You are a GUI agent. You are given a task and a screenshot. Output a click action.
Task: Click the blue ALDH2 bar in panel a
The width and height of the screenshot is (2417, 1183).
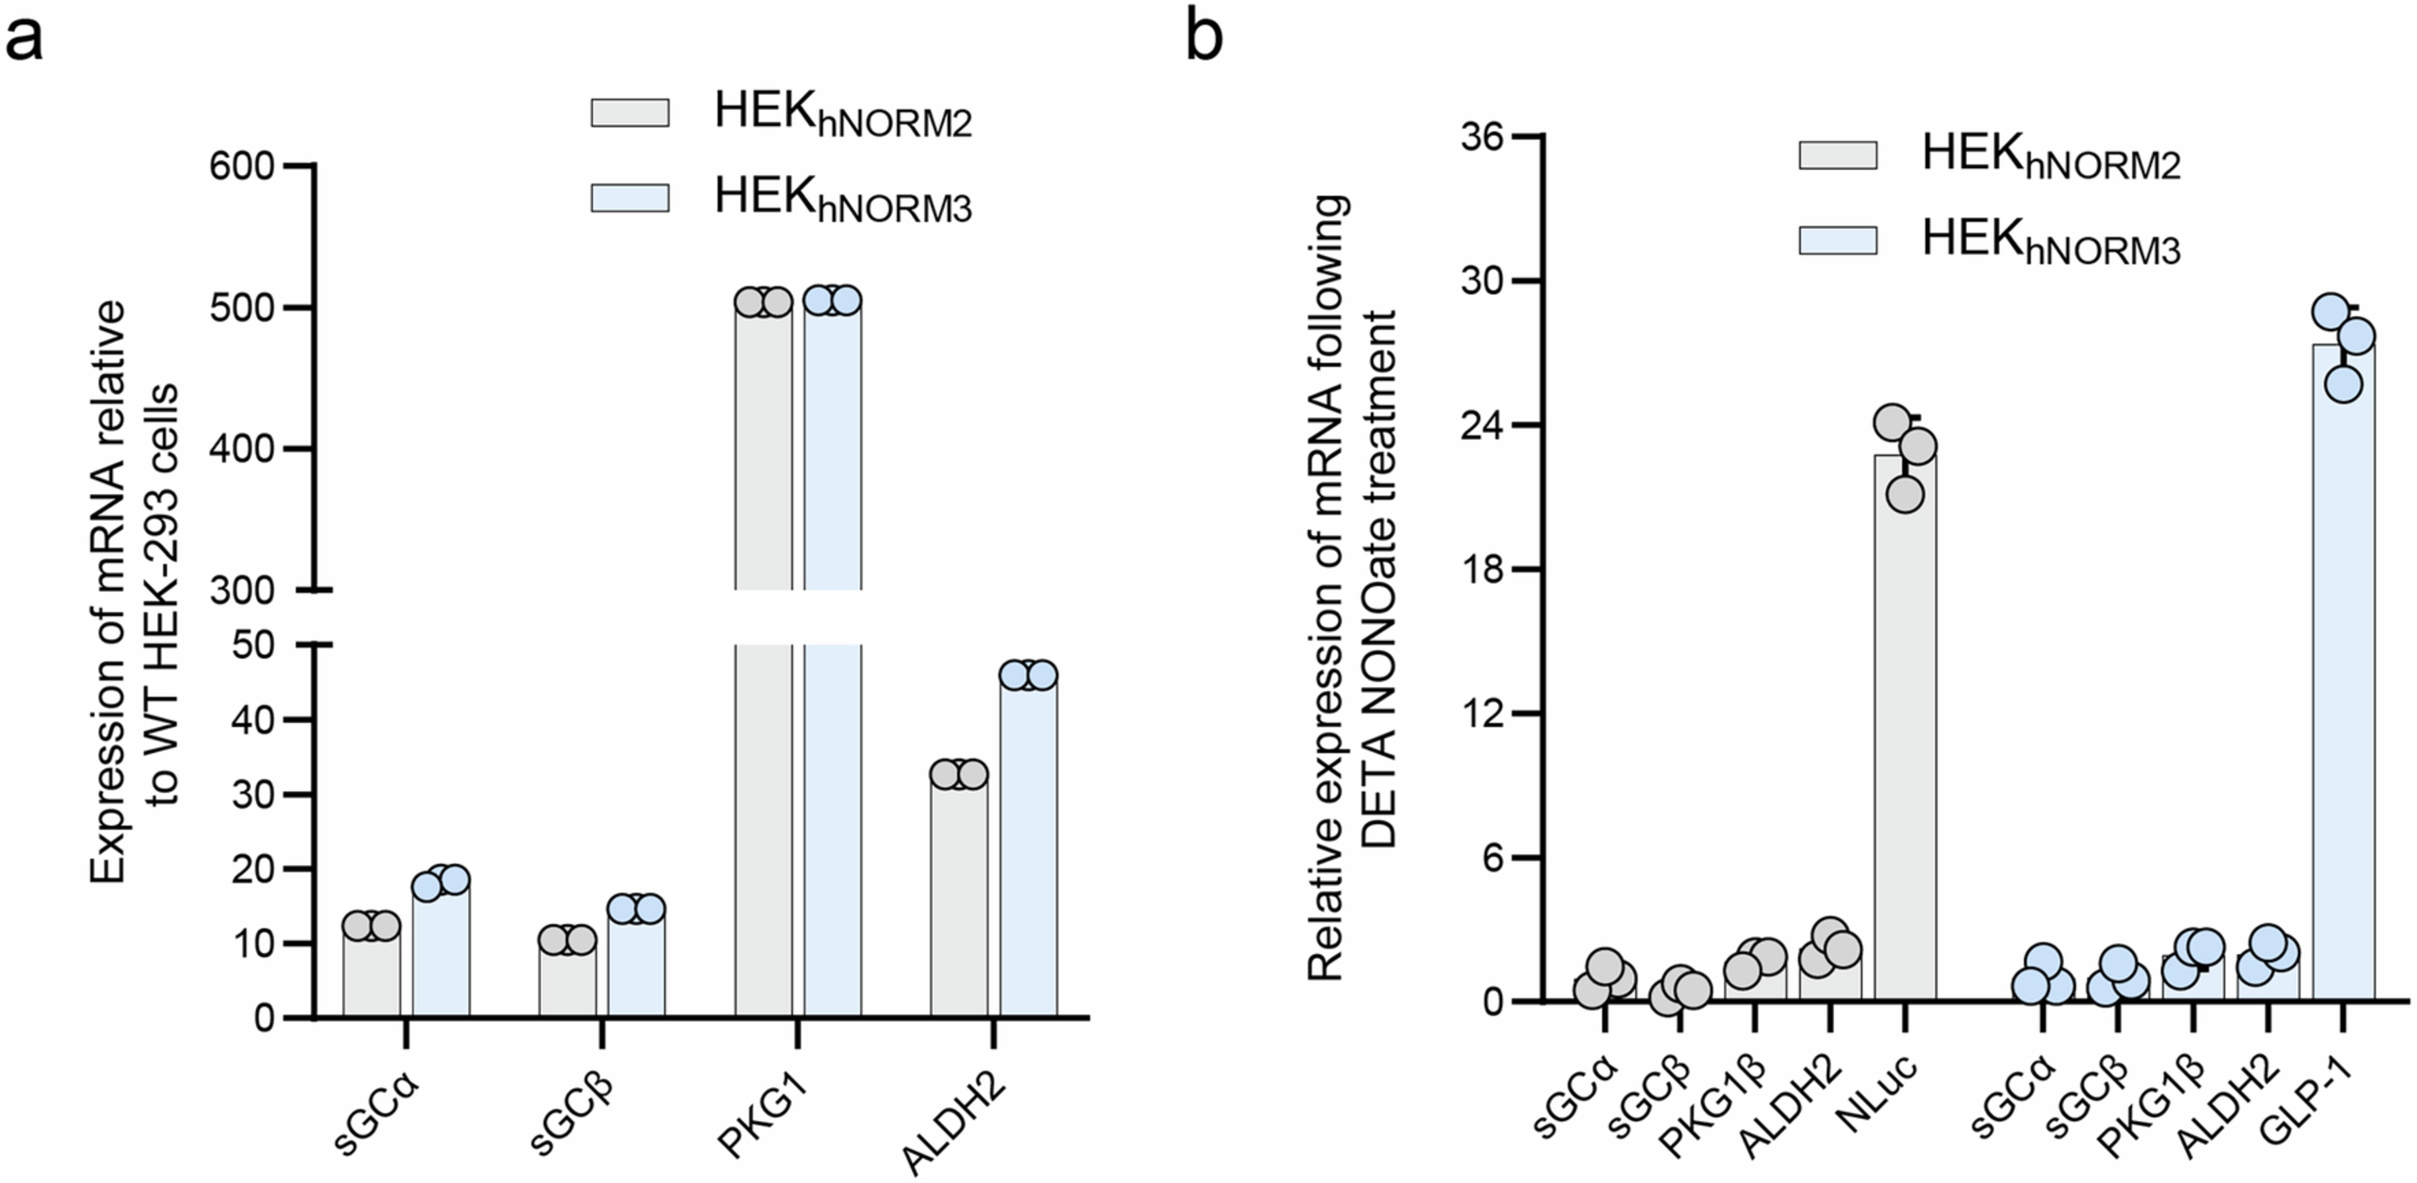point(1028,845)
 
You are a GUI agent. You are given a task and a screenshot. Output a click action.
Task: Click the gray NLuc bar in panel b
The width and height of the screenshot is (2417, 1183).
point(1905,732)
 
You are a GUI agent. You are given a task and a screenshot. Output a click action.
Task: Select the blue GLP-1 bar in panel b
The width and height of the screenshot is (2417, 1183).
point(2343,675)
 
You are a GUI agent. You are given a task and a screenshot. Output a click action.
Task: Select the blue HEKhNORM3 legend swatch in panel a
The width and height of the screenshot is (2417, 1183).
point(630,198)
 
